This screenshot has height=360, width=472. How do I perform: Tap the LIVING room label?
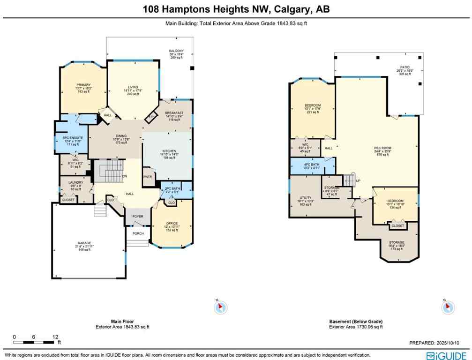coord(134,87)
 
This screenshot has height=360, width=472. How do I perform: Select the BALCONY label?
coord(176,51)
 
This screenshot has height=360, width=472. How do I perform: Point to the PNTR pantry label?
coord(147,177)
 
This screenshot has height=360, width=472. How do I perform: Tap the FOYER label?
coord(138,217)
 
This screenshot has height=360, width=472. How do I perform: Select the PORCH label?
coord(137,233)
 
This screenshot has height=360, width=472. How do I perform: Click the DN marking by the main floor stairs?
coord(124,176)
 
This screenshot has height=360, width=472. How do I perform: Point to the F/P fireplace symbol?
coord(151,117)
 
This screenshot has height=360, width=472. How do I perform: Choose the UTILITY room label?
coord(305,198)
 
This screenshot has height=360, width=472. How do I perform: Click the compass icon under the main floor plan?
coord(221,307)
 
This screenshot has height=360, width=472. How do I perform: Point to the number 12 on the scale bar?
coord(56,337)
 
